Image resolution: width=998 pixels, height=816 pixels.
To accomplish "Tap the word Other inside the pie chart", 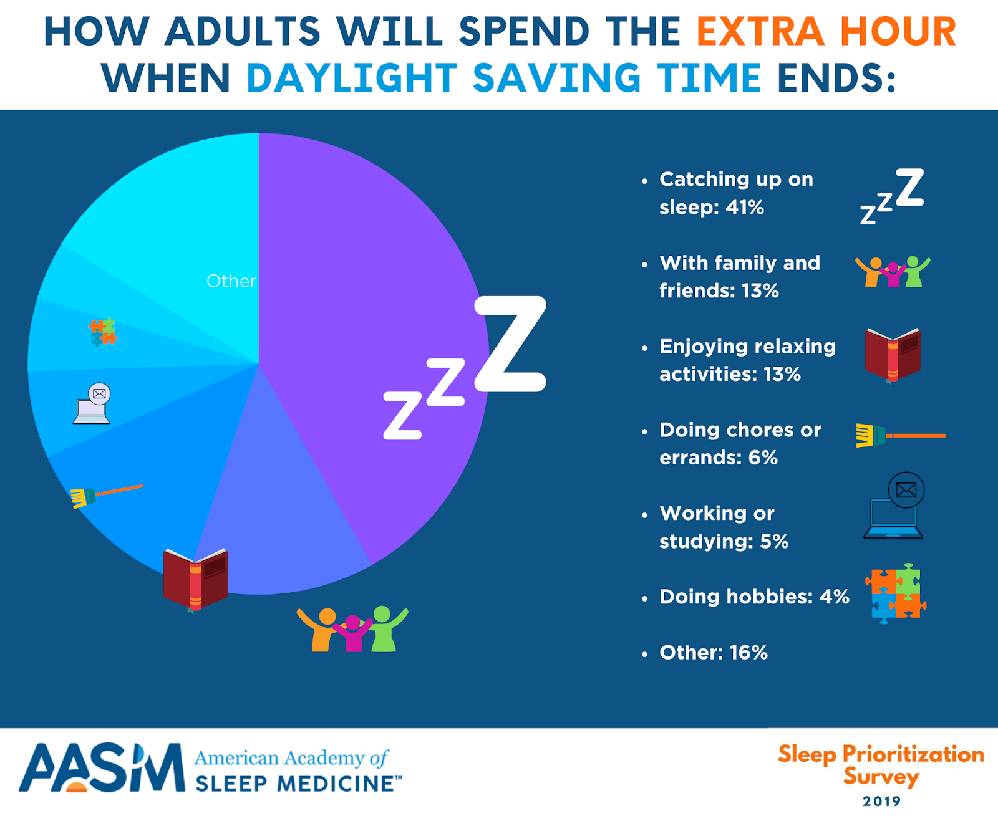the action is (231, 281).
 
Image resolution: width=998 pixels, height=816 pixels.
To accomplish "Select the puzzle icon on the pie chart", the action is (103, 332).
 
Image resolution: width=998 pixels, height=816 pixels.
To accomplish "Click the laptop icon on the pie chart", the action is (92, 403).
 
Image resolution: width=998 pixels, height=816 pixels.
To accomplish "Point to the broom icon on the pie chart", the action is (107, 496).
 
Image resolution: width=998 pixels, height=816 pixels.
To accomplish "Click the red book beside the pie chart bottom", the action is (195, 580).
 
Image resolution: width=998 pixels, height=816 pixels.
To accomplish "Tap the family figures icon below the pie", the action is (352, 628).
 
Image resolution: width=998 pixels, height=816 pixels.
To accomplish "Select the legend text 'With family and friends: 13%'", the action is (740, 277).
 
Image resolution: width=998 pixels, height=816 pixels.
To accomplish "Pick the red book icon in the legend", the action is (893, 356).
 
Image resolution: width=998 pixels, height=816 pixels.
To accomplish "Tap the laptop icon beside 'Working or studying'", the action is (894, 506).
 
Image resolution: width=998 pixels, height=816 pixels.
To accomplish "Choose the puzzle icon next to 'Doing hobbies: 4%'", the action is (896, 593).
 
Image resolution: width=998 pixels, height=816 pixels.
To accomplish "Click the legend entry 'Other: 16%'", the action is (714, 653).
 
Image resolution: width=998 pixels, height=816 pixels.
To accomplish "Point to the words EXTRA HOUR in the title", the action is (826, 32).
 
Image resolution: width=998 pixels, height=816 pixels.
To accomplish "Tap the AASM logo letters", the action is (102, 768).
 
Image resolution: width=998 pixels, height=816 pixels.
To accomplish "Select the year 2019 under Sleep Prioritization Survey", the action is (881, 801).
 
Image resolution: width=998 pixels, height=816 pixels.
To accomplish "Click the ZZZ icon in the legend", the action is (891, 196).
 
